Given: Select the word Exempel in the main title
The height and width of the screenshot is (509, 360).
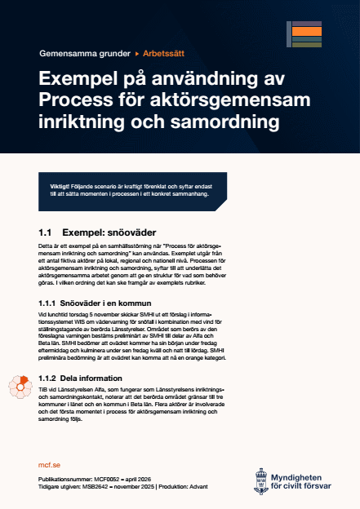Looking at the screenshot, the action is (x=79, y=80).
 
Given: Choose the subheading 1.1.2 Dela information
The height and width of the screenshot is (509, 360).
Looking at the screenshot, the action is (x=81, y=378).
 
